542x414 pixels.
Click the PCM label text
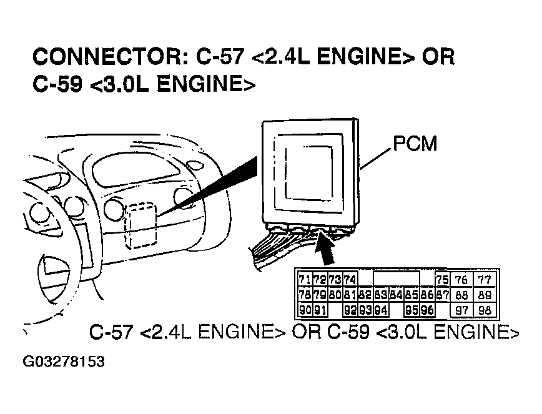tap(415, 144)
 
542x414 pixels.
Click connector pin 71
tap(305, 279)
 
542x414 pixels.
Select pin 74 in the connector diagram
tap(350, 279)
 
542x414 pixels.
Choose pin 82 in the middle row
tap(365, 294)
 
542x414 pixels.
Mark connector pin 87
tap(443, 294)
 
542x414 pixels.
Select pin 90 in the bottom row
tap(305, 309)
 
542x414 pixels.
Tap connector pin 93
tap(365, 309)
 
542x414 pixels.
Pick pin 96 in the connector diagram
tap(427, 309)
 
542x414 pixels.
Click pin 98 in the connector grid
tap(485, 309)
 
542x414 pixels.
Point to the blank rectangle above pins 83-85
tap(396, 278)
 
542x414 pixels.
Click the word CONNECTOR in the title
tap(104, 57)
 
